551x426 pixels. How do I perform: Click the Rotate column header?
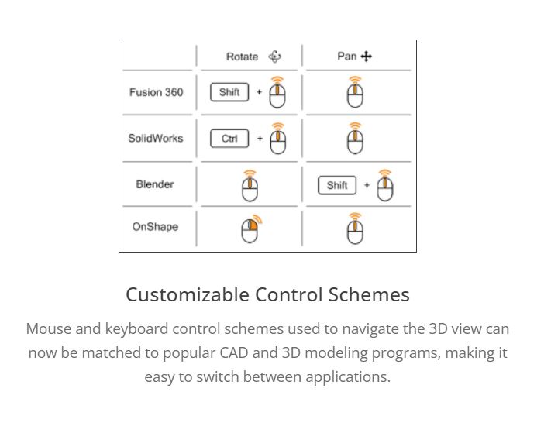coord(242,57)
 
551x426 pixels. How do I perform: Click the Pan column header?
coord(347,57)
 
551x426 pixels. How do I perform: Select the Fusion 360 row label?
coord(156,92)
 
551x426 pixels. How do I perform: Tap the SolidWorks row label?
coord(155,139)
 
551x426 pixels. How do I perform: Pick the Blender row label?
coord(155,184)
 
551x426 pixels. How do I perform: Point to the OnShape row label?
coord(155,227)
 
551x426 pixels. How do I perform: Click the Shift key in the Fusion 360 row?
coord(229,92)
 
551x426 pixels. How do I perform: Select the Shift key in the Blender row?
coord(336,185)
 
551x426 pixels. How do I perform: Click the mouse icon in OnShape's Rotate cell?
coord(251,229)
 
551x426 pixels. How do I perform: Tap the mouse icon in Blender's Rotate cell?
coord(250,186)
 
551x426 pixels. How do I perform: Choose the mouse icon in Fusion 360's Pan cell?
coord(355,92)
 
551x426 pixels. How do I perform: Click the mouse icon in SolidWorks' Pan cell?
coord(355,139)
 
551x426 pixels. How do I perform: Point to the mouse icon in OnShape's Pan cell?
coord(355,228)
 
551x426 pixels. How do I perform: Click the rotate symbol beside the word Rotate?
coord(275,57)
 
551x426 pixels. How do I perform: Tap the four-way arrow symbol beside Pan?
coord(366,57)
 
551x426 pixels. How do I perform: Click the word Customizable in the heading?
coord(188,294)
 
